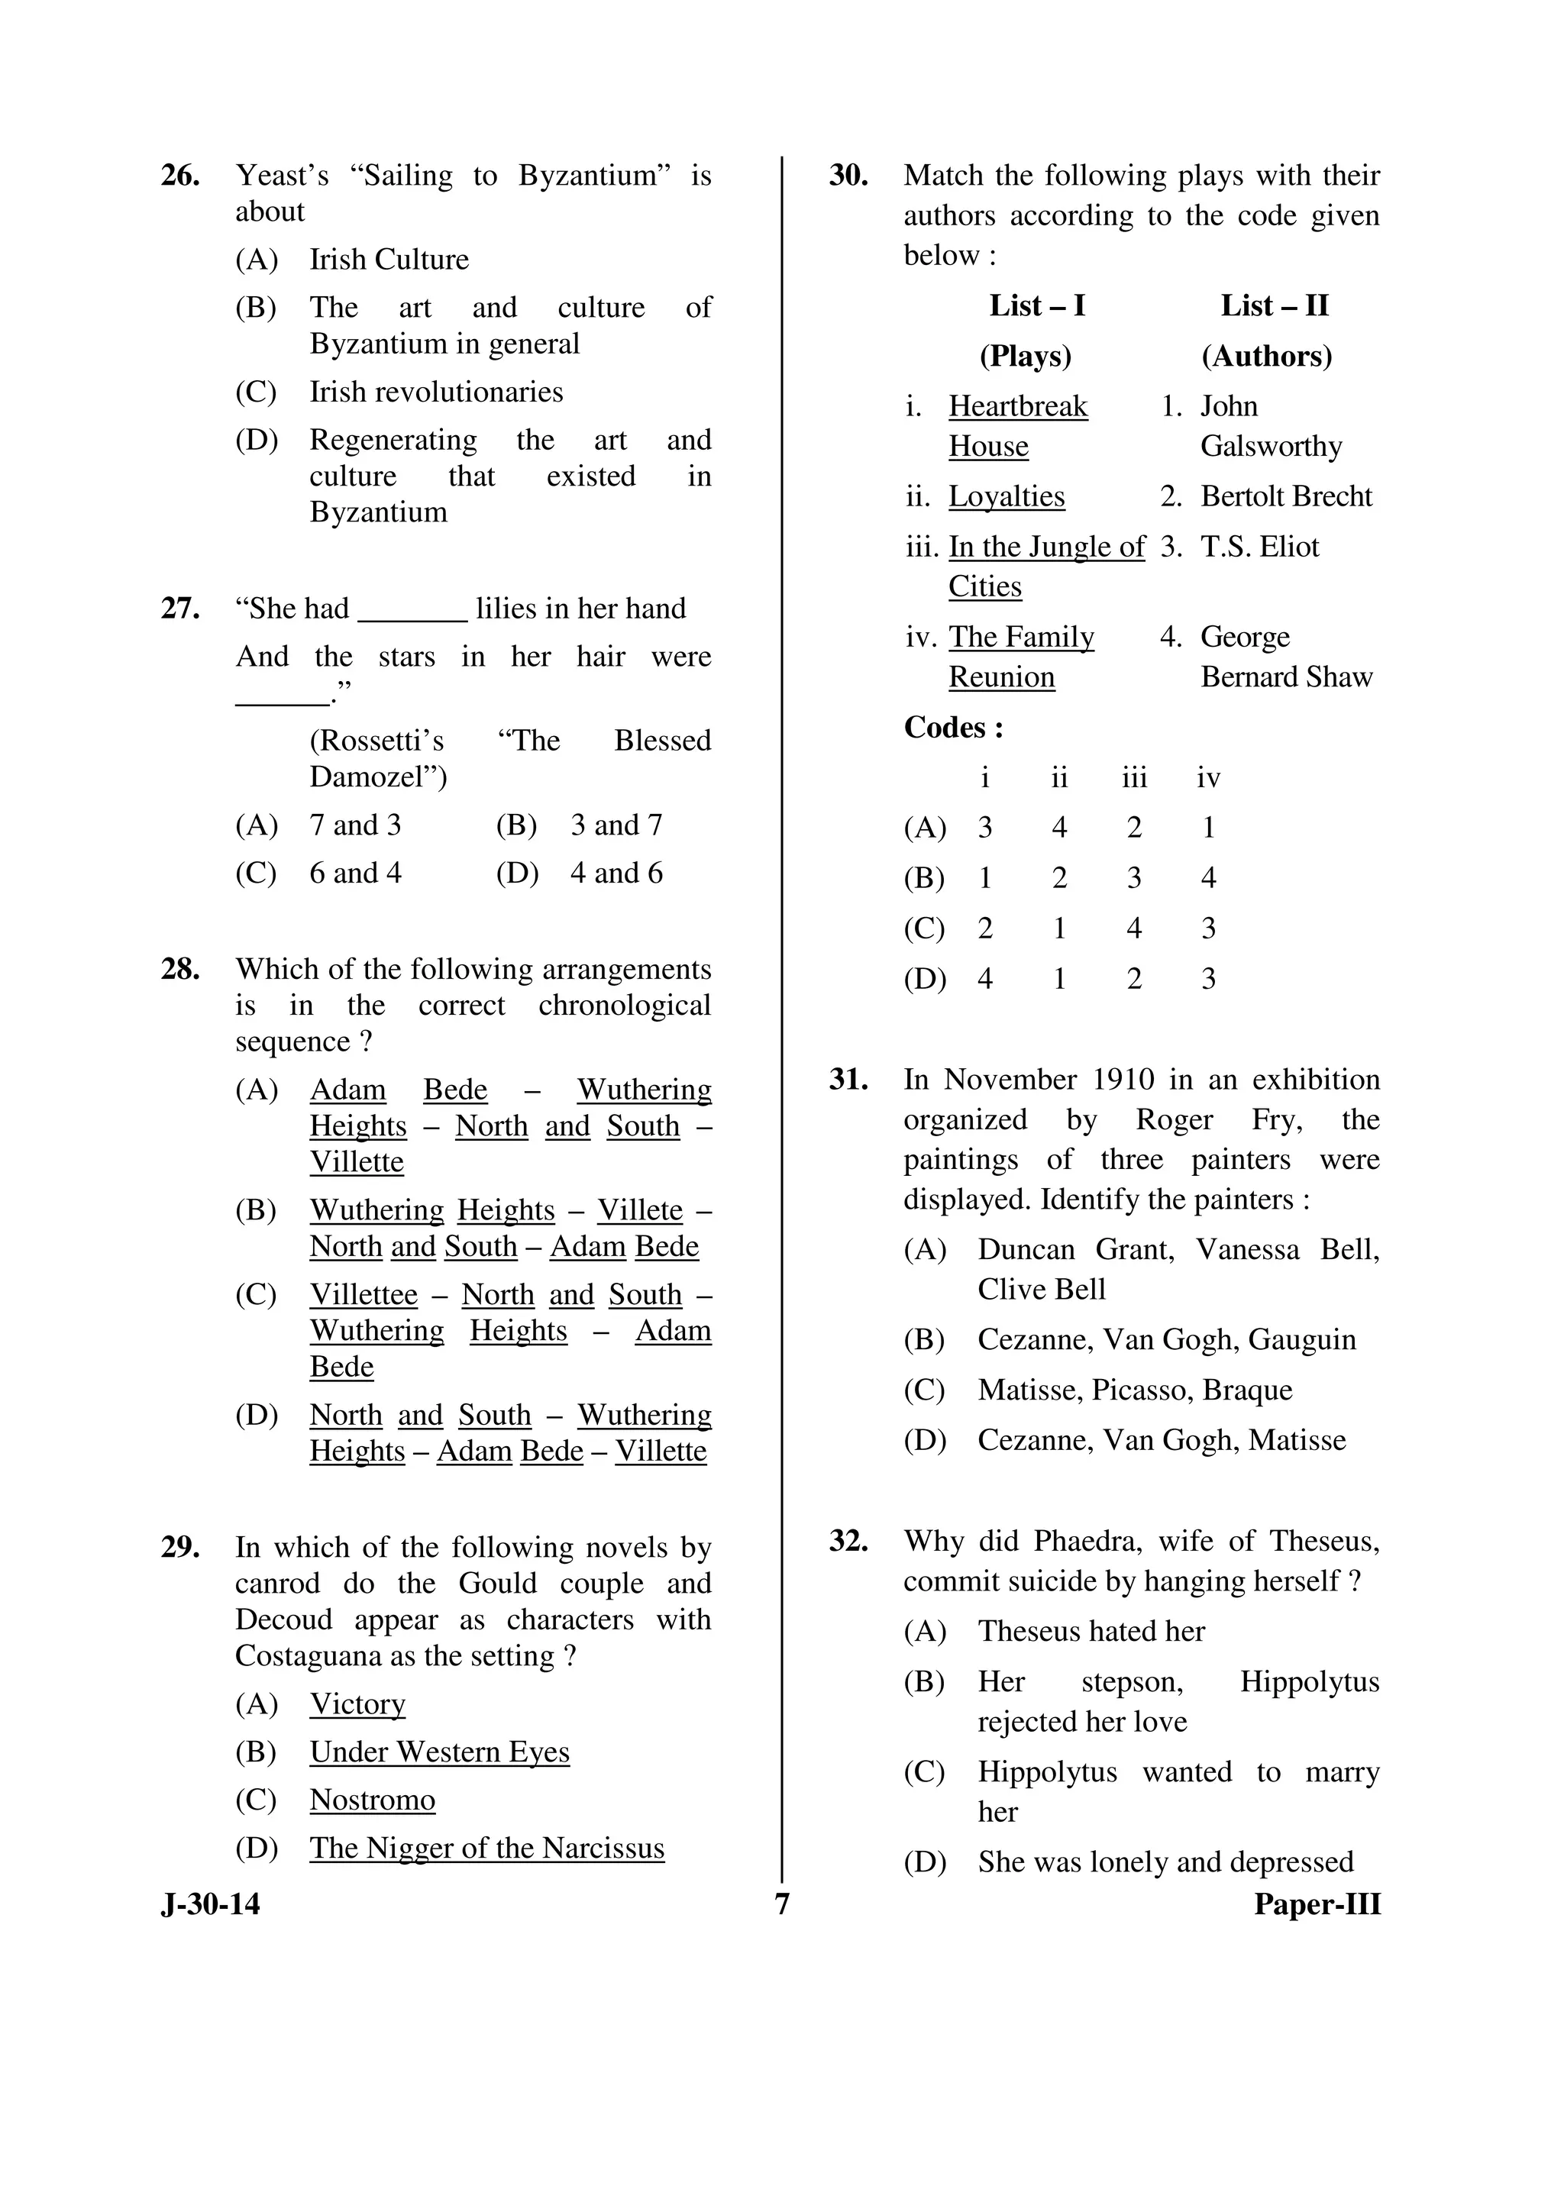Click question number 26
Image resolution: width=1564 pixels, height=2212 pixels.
pyautogui.click(x=180, y=176)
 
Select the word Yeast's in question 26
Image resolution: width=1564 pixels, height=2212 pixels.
pyautogui.click(x=283, y=176)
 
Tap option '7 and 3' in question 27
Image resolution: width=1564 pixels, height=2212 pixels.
pyautogui.click(x=354, y=825)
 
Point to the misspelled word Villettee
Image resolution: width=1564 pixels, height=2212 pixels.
pyautogui.click(x=364, y=1295)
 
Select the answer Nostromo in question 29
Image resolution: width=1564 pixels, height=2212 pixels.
pyautogui.click(x=372, y=1800)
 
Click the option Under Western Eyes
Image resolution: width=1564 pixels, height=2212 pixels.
pyautogui.click(x=439, y=1752)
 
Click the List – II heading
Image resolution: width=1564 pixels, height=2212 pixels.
pyautogui.click(x=1274, y=306)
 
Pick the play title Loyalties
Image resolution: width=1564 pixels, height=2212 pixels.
pyautogui.click(x=1006, y=497)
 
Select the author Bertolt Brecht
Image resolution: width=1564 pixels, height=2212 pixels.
pyautogui.click(x=1285, y=497)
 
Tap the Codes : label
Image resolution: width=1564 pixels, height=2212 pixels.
pyautogui.click(x=953, y=728)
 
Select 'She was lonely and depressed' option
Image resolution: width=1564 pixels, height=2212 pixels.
pyautogui.click(x=1165, y=1862)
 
